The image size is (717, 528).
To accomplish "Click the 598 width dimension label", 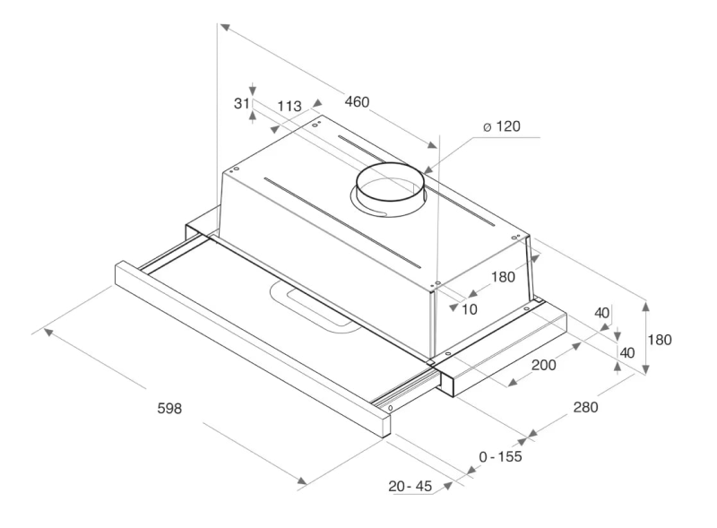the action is (x=169, y=408).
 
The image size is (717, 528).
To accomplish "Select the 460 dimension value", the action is (x=357, y=101).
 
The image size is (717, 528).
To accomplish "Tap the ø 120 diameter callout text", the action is (x=502, y=126).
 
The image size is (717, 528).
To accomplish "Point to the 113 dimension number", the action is (x=289, y=106).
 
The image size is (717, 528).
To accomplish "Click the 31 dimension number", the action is (x=241, y=103).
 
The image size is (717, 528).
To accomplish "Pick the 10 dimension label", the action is (x=469, y=310).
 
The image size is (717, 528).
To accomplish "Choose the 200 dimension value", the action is (x=544, y=365).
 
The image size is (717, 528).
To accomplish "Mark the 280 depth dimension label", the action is (x=585, y=407).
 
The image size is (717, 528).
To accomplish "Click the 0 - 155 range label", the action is (x=500, y=456).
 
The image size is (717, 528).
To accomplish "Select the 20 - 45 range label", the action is (x=410, y=486).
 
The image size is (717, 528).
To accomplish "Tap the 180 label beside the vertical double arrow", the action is (x=660, y=340).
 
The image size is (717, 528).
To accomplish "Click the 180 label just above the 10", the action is (x=503, y=277).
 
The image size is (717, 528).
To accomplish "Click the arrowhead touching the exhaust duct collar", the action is (x=428, y=169).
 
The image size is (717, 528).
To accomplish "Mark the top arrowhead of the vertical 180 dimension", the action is (x=645, y=305).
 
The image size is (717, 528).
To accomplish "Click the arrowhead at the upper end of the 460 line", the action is (x=224, y=27).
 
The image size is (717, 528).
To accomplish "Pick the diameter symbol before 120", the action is (x=487, y=126).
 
